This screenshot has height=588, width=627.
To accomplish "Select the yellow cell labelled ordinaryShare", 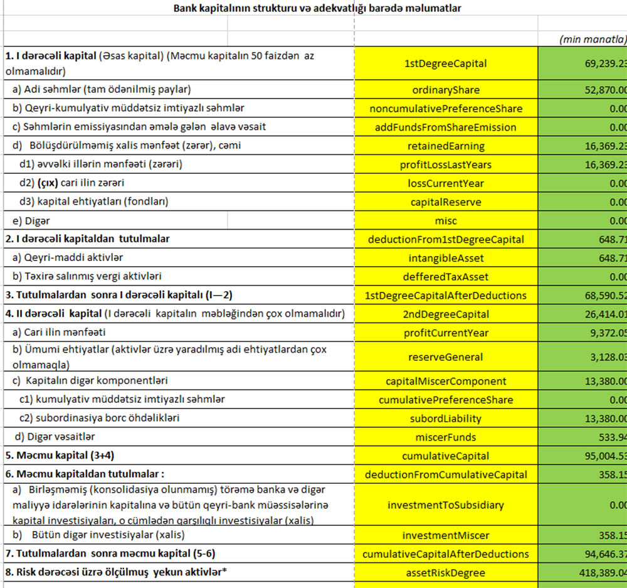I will click(x=446, y=90).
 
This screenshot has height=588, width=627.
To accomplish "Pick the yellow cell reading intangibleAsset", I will click(x=446, y=258).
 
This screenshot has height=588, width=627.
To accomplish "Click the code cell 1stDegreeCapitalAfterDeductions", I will click(x=446, y=296).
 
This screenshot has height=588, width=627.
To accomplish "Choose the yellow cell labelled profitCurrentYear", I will click(x=446, y=333).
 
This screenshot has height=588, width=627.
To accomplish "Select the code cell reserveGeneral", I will click(x=446, y=357).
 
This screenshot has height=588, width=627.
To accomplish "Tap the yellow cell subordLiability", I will click(x=446, y=419).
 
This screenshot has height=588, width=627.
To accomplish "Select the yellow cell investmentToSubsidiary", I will click(x=446, y=505).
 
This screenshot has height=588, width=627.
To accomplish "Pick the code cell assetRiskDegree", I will click(x=446, y=572).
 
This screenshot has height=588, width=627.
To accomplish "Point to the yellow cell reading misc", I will click(x=446, y=221).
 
